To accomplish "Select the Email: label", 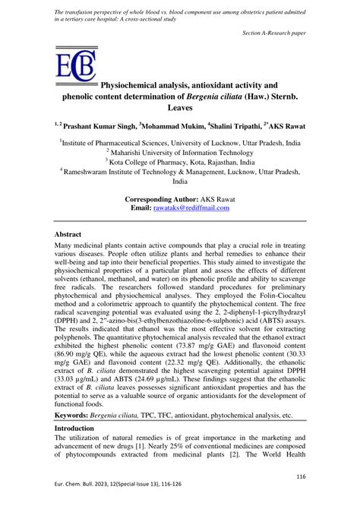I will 141,207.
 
